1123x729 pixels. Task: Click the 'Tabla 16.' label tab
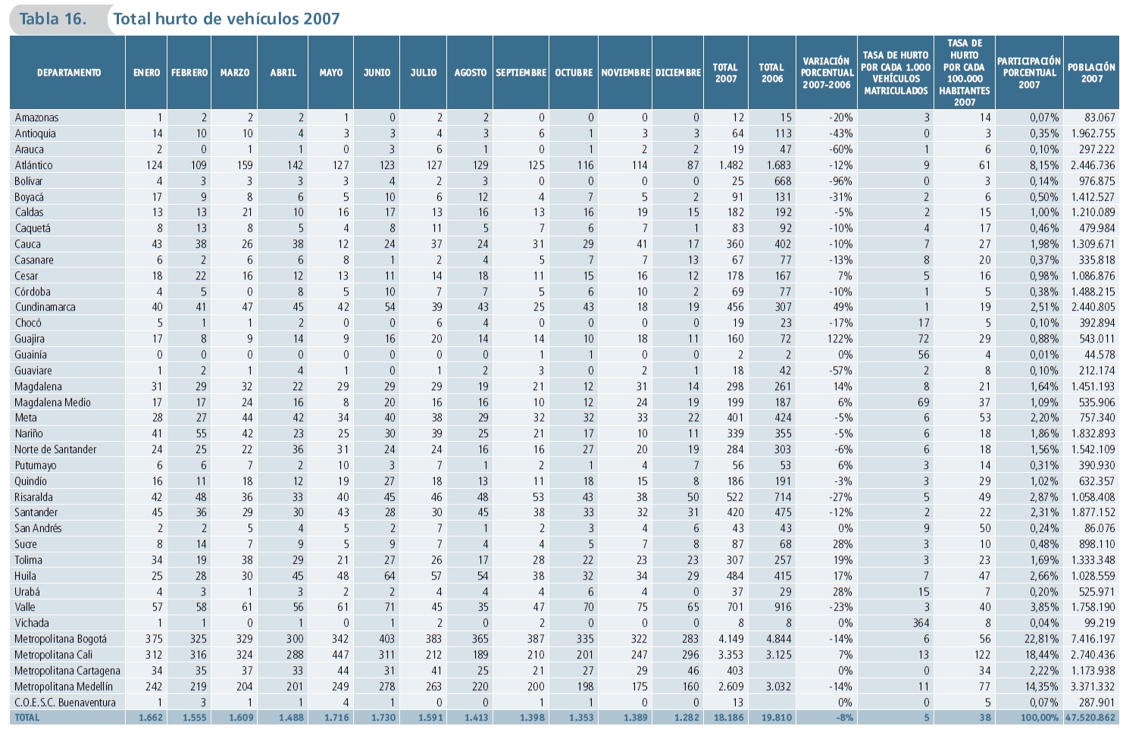[x=52, y=19]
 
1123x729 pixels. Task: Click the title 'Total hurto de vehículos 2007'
[x=227, y=19]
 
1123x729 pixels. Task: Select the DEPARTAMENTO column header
[x=68, y=73]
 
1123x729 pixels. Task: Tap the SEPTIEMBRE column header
[x=521, y=73]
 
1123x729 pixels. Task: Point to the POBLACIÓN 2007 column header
[x=1091, y=73]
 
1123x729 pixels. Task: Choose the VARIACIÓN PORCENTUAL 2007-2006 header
[x=827, y=73]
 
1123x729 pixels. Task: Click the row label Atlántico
[x=34, y=165]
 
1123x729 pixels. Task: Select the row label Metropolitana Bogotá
[x=61, y=639]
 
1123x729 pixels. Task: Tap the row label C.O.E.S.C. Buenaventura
[x=65, y=702]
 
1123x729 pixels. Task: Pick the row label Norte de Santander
[x=55, y=449]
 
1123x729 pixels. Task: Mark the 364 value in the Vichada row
[x=921, y=623]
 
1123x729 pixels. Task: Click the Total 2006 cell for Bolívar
[x=782, y=181]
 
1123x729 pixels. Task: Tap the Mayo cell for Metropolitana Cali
[x=340, y=655]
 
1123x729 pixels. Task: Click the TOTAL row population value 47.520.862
[x=1090, y=718]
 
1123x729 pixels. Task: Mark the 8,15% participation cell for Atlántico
[x=1043, y=165]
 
